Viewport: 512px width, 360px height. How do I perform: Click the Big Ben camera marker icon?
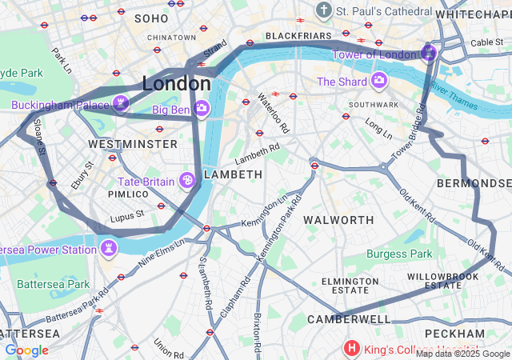[x=202, y=108]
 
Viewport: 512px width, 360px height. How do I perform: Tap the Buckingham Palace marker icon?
[x=121, y=103]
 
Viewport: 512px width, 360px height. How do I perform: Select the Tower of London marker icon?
[x=428, y=54]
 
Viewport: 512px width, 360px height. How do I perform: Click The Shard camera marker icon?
[x=378, y=81]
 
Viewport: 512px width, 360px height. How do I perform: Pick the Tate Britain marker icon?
[x=187, y=181]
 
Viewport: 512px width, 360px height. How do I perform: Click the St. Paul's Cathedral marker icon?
[x=324, y=10]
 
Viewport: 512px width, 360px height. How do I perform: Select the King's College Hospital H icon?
[x=351, y=348]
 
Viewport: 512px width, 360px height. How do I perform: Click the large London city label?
[x=177, y=83]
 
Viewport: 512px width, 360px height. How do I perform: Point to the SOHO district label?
[x=152, y=18]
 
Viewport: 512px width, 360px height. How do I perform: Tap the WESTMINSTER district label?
[x=133, y=144]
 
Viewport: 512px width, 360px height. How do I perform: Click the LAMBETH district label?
[x=233, y=174]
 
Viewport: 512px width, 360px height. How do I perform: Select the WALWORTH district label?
[x=339, y=219]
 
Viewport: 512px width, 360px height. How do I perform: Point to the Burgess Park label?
[x=398, y=254]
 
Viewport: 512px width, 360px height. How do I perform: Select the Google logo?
[x=27, y=350]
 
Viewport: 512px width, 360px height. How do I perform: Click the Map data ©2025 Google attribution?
[x=462, y=354]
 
